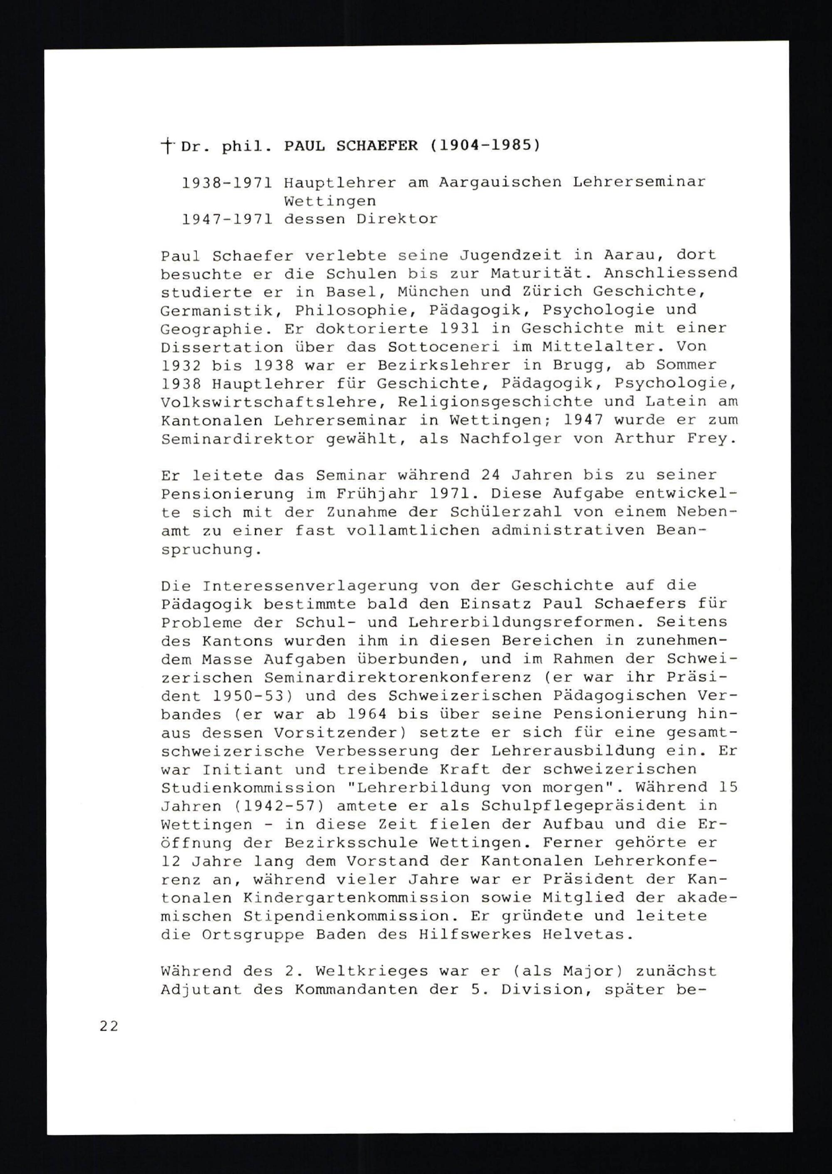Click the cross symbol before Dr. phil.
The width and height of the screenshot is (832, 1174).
(166, 146)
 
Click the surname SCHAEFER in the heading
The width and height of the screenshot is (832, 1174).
(376, 146)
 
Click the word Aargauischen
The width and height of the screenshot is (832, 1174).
(500, 182)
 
